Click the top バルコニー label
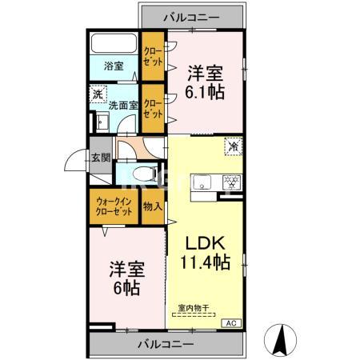[193, 15]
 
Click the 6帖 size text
[126, 287]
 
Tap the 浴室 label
[113, 66]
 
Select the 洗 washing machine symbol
[97, 93]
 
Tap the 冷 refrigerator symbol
[234, 147]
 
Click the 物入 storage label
[152, 206]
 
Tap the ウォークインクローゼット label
[114, 206]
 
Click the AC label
[232, 322]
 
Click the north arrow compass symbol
[282, 338]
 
